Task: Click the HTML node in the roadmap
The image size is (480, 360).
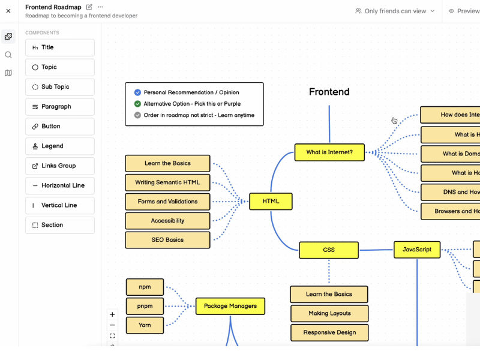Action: tap(271, 202)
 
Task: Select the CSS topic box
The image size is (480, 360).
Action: tap(329, 250)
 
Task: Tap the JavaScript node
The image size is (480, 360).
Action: tap(417, 250)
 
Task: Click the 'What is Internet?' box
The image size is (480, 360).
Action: tap(329, 152)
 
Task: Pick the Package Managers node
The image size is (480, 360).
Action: tap(230, 306)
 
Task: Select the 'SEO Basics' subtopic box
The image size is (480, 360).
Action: tap(167, 240)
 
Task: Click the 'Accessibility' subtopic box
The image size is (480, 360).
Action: tap(167, 221)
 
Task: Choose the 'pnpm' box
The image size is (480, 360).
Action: tap(145, 306)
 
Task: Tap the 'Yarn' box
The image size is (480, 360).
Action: tap(145, 325)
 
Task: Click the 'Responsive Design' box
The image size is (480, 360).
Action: tap(329, 332)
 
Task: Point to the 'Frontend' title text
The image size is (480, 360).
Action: tap(329, 92)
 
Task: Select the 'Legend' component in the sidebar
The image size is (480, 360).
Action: tap(59, 146)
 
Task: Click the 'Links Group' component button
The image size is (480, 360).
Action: tap(59, 166)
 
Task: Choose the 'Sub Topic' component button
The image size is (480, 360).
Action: tap(59, 87)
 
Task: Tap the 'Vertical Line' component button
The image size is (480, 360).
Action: tap(59, 205)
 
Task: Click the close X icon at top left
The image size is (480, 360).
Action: tap(8, 11)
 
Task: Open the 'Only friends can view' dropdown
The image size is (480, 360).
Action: tap(395, 11)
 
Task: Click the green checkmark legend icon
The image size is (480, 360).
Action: tap(137, 104)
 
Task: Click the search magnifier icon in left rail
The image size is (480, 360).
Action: tap(8, 55)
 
